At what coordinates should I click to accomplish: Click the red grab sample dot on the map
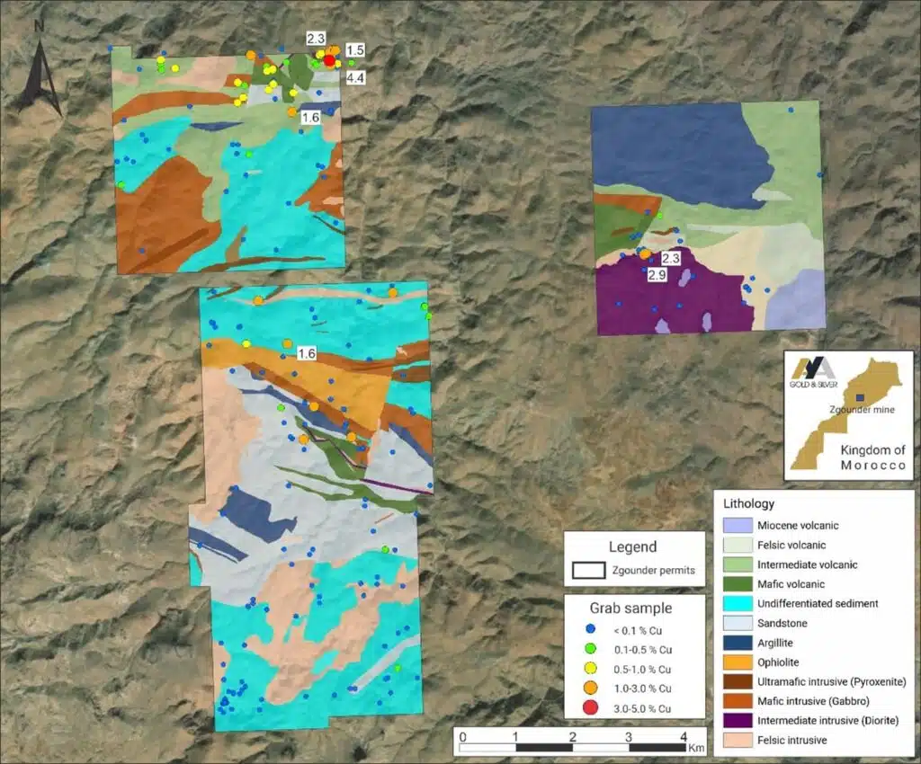point(329,60)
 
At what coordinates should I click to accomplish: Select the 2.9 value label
point(657,275)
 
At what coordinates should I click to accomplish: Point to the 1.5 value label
point(354,50)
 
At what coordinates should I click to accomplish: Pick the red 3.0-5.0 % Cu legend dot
point(590,708)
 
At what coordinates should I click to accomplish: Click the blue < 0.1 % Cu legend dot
point(590,629)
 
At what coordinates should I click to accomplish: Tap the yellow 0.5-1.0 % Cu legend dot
point(590,669)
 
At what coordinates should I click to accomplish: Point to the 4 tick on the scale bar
point(683,737)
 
